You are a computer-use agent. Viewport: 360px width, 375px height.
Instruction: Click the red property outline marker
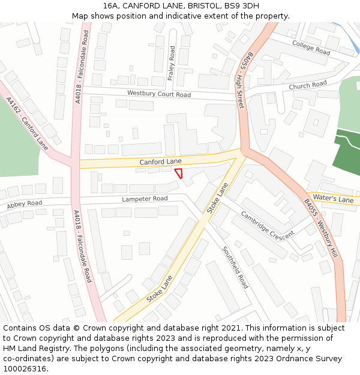(x=179, y=173)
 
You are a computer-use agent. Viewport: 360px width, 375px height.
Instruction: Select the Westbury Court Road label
(x=158, y=94)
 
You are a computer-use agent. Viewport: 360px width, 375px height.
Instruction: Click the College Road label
(x=311, y=48)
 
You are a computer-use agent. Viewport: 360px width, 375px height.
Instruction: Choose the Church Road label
(x=308, y=85)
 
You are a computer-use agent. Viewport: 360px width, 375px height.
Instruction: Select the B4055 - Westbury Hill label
(x=320, y=229)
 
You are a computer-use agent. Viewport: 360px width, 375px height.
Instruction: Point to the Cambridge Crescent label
(x=268, y=224)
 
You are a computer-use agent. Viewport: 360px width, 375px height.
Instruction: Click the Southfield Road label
(x=235, y=268)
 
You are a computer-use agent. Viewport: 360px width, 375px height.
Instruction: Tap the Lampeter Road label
(x=145, y=199)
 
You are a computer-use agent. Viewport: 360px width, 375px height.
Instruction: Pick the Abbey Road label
(x=25, y=205)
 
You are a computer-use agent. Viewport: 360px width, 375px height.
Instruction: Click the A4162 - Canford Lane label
(x=27, y=124)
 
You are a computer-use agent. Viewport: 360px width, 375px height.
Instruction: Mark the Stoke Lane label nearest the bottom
(x=159, y=289)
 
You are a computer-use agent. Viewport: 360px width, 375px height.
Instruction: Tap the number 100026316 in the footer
(x=25, y=368)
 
